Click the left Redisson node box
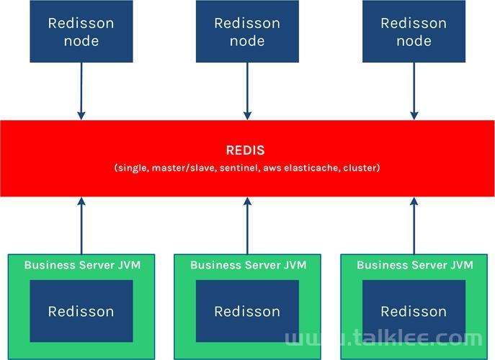[x=81, y=31]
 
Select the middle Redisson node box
[x=247, y=31]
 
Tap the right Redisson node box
[x=414, y=31]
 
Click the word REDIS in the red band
[x=245, y=150]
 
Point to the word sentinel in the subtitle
[x=238, y=168]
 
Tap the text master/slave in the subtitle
[x=184, y=168]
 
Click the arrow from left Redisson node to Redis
[x=81, y=91]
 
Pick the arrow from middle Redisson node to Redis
[x=248, y=91]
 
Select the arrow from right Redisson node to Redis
[x=414, y=91]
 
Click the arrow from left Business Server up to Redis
[x=81, y=225]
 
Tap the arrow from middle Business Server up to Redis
[x=248, y=225]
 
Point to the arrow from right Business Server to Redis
[x=414, y=225]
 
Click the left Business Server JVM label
[x=82, y=265]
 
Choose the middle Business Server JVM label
[x=249, y=265]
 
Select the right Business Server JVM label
[x=415, y=265]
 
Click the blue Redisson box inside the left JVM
[x=81, y=311]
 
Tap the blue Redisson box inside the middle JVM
[x=247, y=311]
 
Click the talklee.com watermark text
[x=384, y=338]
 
